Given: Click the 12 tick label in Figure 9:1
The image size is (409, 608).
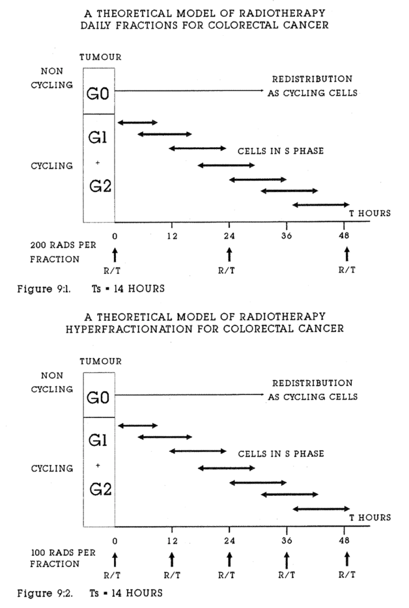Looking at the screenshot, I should click(x=171, y=235).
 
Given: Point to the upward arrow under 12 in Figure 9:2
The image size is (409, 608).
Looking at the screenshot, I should click(x=172, y=559).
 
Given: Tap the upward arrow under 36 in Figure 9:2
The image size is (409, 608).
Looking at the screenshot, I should click(x=287, y=559).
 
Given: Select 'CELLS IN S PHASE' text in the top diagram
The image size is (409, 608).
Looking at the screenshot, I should click(x=281, y=151).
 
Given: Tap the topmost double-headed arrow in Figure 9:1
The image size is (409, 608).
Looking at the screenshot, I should click(x=138, y=123).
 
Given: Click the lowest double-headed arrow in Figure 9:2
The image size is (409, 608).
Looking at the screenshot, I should click(x=321, y=509).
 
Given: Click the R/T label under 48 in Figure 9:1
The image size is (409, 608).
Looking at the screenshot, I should click(x=347, y=270).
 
